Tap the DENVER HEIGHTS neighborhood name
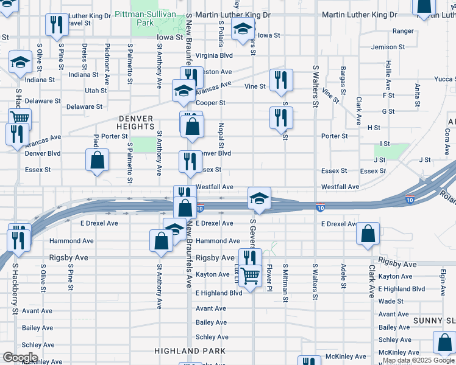(x=137, y=122)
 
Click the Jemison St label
(x=388, y=47)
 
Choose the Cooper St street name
(x=211, y=103)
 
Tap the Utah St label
(x=96, y=91)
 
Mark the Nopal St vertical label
(x=221, y=135)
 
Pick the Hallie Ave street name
(x=388, y=74)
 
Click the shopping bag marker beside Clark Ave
(x=368, y=234)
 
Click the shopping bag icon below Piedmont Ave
(x=97, y=161)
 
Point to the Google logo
(x=21, y=358)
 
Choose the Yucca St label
(x=444, y=79)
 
